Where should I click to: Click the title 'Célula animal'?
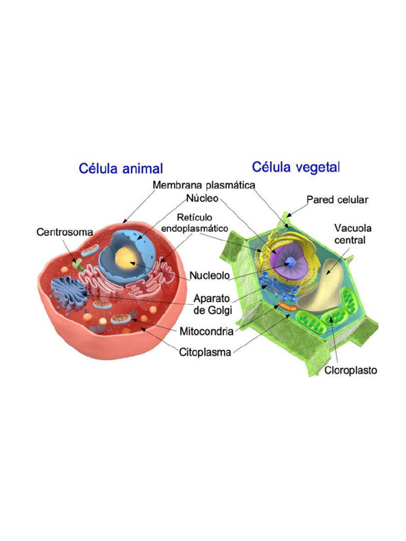point(121,169)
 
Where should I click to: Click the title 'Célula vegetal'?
point(296,167)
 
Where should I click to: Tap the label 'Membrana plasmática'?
point(204,185)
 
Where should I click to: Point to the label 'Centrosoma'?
point(64,232)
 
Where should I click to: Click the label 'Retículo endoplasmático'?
point(195,223)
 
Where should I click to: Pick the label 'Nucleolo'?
point(210,276)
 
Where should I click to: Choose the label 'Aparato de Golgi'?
point(214,303)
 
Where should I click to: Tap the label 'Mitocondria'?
point(207,332)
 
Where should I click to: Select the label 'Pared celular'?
point(337,200)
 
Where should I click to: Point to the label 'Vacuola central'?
point(353,234)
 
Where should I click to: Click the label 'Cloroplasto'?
point(350,370)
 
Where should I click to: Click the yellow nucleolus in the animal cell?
point(126,258)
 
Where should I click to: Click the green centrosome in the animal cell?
point(78,263)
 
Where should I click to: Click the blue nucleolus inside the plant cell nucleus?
point(290,262)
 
